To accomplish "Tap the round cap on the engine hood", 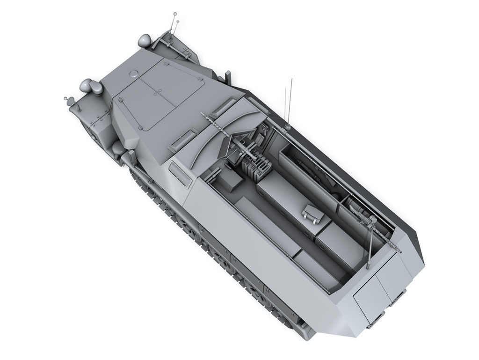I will (x=133, y=73).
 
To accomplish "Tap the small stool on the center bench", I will (x=313, y=213).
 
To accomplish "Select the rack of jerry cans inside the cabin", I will (x=255, y=167).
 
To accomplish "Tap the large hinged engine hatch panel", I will (x=159, y=94).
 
